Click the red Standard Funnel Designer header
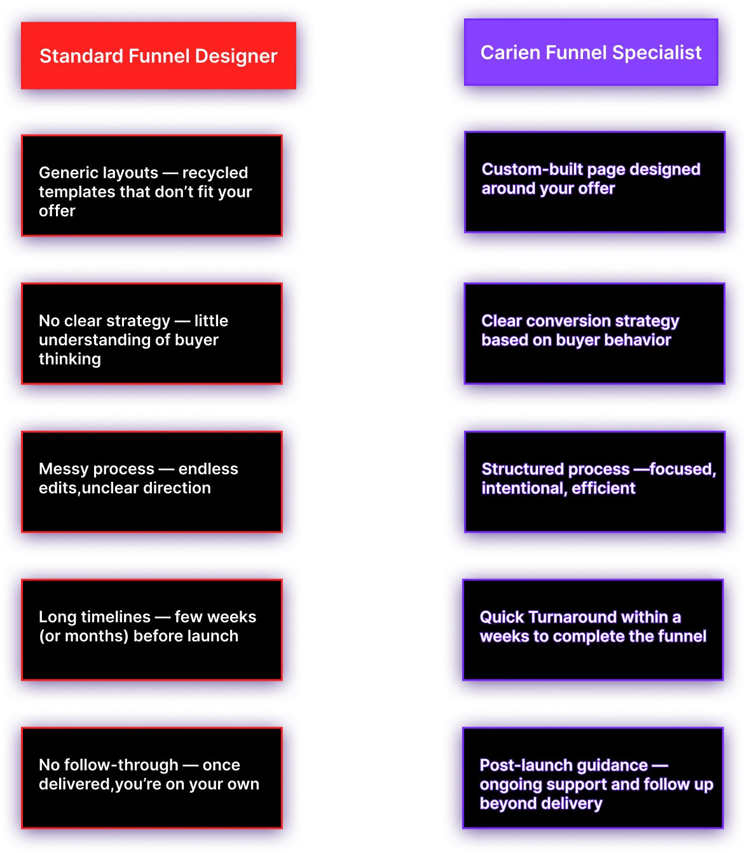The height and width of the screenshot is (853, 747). (158, 56)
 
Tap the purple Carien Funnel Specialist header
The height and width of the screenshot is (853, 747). (591, 52)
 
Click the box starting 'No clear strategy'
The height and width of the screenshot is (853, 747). (152, 334)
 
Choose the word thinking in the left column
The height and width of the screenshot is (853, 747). (70, 359)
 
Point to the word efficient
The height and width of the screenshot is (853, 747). (603, 488)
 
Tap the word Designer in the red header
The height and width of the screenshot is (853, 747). (236, 56)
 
